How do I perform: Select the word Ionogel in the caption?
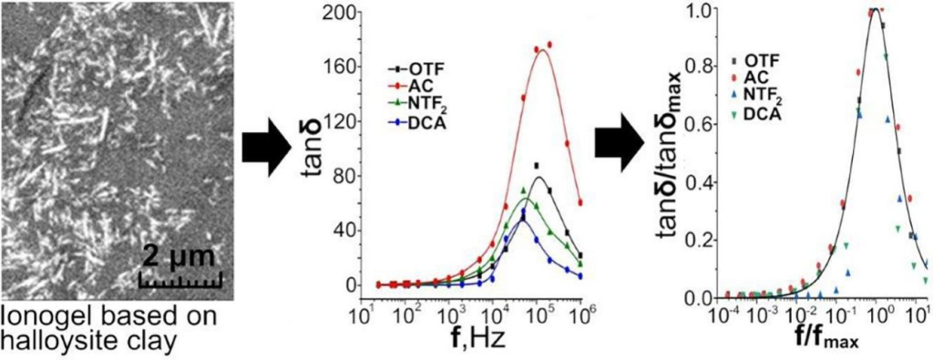(41, 314)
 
